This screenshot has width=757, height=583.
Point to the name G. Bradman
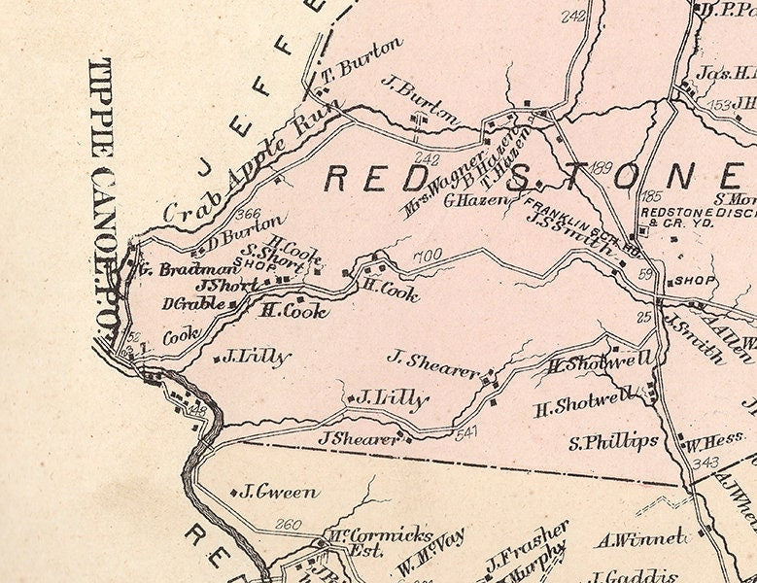point(185,269)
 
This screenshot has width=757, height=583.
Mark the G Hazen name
point(476,201)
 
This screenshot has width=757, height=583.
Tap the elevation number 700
point(428,257)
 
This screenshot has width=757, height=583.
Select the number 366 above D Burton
point(249,215)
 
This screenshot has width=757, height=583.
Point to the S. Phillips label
point(614,443)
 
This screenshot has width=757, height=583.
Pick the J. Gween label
point(279,492)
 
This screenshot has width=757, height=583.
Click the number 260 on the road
point(288,525)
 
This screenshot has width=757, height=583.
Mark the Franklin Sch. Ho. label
point(581,227)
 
